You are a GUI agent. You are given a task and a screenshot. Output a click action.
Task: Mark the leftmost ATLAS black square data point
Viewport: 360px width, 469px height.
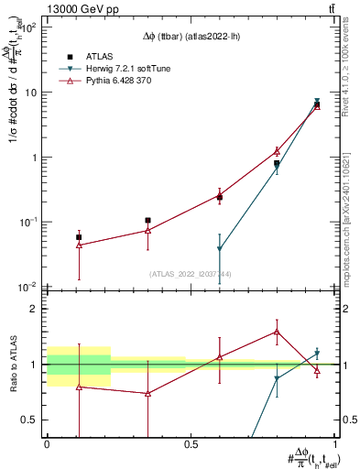pyautogui.click(x=79, y=236)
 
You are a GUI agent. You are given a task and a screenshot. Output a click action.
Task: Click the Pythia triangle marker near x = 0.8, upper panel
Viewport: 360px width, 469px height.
pyautogui.click(x=277, y=151)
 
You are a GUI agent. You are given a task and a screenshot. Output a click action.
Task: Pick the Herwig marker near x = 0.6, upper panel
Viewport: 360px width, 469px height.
pyautogui.click(x=220, y=249)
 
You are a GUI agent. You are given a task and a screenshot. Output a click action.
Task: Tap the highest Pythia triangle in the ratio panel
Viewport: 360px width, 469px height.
pyautogui.click(x=277, y=332)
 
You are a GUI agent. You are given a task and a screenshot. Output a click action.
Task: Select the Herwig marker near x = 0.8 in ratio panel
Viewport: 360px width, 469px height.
pyautogui.click(x=277, y=378)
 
